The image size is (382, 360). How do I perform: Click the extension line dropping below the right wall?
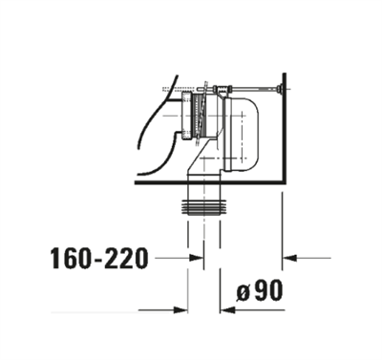click(x=284, y=229)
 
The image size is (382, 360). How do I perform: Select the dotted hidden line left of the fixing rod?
click(x=177, y=88)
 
